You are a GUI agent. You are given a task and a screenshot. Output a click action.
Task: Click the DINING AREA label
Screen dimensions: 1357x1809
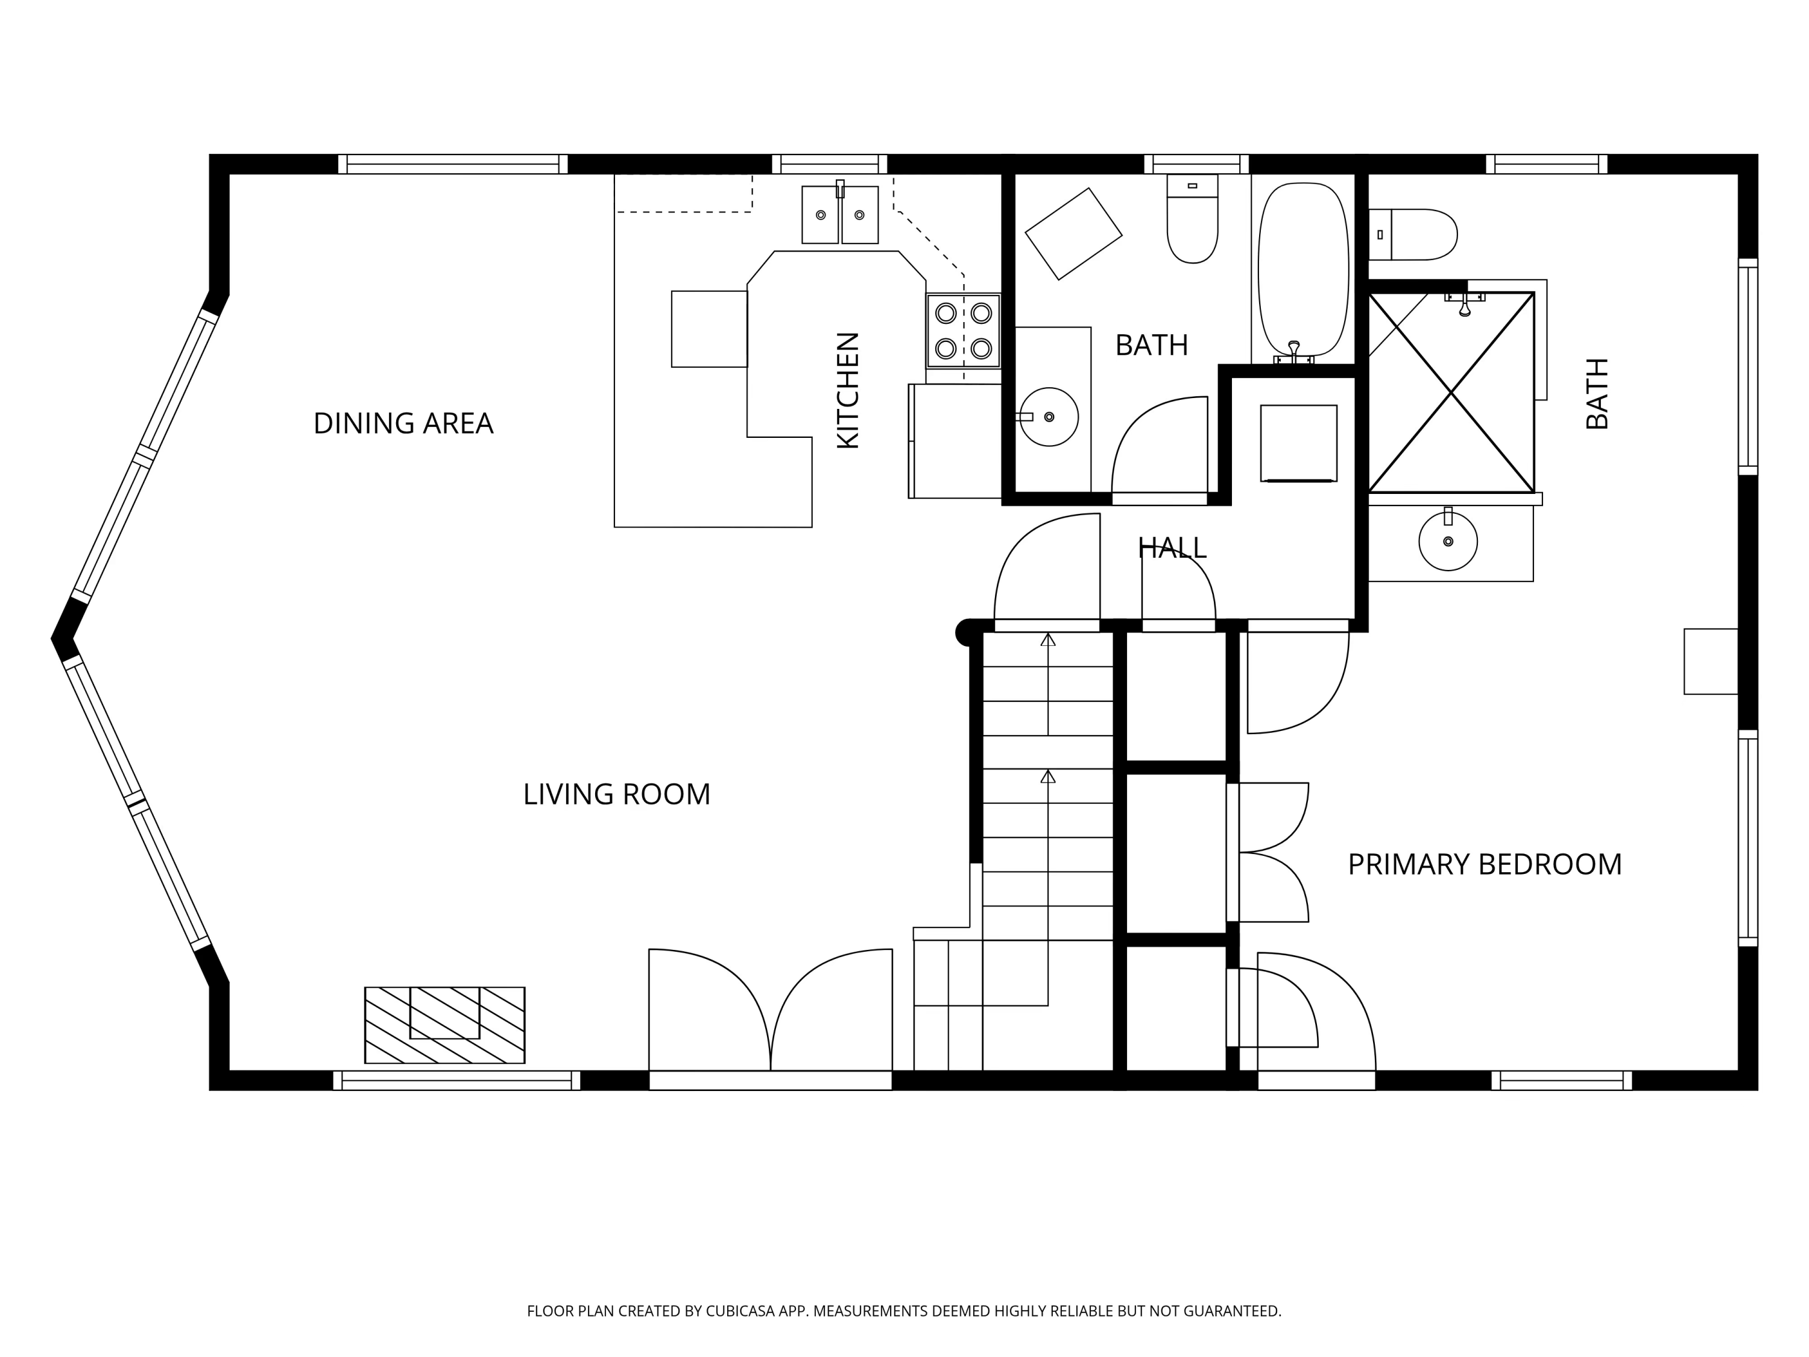[403, 424]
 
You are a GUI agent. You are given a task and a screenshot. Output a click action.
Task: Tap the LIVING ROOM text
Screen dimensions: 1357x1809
[617, 794]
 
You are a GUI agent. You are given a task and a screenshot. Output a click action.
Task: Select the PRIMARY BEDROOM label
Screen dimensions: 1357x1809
[1485, 865]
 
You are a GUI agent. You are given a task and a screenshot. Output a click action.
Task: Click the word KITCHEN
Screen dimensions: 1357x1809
[848, 390]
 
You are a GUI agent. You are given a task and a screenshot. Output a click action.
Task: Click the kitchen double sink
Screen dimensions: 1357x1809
[840, 214]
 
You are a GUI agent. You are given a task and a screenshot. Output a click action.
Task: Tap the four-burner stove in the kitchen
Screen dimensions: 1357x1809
[964, 331]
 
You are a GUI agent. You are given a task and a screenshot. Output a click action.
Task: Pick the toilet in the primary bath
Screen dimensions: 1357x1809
[1415, 234]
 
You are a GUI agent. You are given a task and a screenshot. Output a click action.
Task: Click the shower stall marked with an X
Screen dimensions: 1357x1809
[1451, 393]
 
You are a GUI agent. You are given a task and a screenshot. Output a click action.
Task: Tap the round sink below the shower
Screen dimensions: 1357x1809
[1448, 542]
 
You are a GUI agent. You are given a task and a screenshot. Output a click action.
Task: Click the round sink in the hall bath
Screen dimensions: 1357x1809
[1049, 417]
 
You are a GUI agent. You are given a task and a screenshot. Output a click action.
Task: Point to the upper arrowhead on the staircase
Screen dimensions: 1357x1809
[1047, 640]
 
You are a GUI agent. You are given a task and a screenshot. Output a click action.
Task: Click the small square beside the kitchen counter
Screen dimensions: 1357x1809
[709, 329]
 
